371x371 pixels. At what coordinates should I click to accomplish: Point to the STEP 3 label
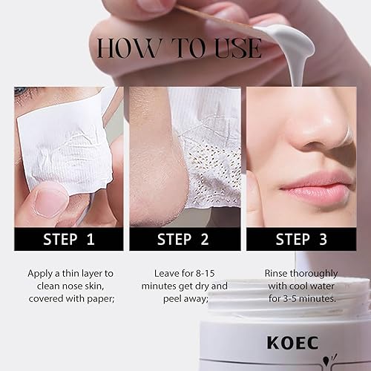tap(303, 239)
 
